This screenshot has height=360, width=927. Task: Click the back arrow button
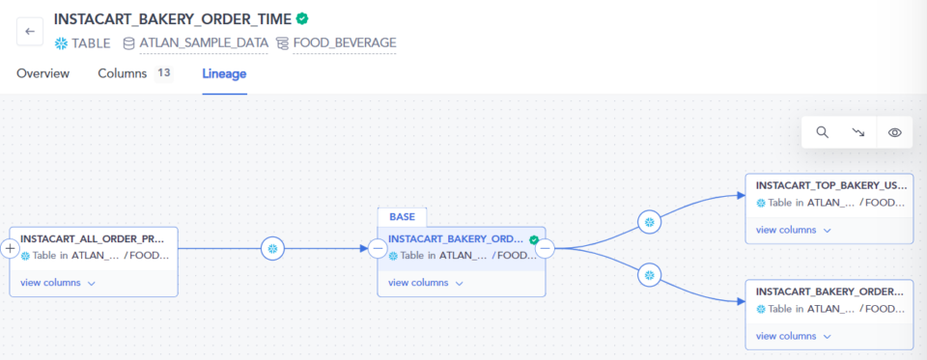tap(30, 31)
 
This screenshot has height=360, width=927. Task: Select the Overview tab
tap(42, 73)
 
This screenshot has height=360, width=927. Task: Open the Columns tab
tap(122, 73)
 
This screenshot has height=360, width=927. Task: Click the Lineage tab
tap(224, 73)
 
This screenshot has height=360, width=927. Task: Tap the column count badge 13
tap(163, 73)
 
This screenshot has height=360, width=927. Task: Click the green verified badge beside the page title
tap(302, 18)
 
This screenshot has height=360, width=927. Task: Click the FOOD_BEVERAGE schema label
tap(344, 42)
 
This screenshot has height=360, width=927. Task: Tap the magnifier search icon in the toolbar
tap(822, 132)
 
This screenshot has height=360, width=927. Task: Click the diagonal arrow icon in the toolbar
tap(858, 132)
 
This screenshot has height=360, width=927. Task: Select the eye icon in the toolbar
tap(894, 132)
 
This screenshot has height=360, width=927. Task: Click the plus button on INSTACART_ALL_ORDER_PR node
tap(10, 249)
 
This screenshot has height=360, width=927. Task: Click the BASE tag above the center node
tap(402, 217)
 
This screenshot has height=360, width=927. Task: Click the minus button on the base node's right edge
tap(545, 249)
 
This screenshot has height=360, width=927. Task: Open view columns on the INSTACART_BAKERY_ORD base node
tap(426, 283)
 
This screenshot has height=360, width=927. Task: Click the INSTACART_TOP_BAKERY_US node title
tap(830, 184)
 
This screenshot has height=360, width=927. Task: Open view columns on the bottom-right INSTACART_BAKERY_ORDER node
tap(793, 336)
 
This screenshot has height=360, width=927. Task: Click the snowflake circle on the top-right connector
tap(650, 222)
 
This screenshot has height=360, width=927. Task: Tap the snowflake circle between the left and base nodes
tap(273, 249)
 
